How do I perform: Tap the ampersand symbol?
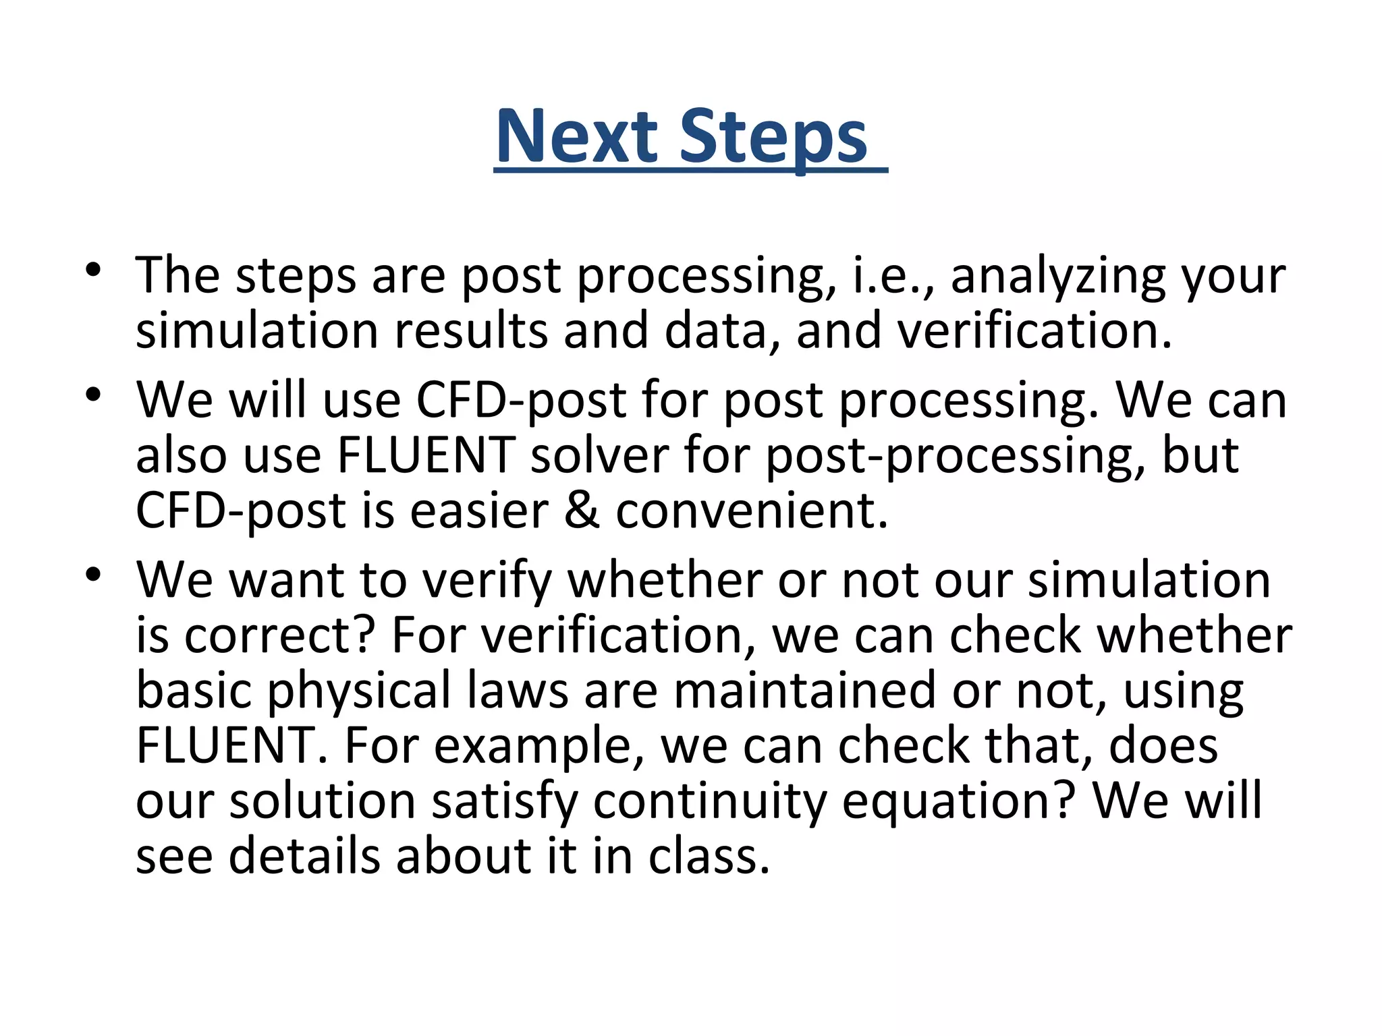click(x=581, y=511)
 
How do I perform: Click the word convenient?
click(x=751, y=511)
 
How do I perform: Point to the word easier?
click(x=478, y=511)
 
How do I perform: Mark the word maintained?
click(x=804, y=691)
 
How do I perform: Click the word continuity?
click(x=709, y=803)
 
